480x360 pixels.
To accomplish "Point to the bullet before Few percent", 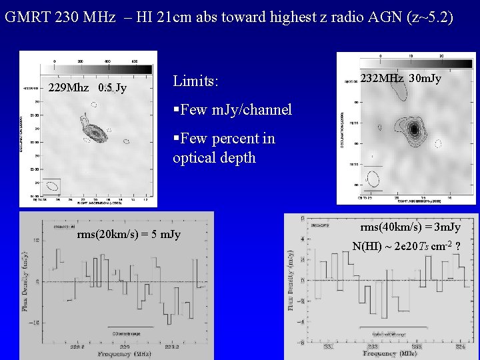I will pos(176,139).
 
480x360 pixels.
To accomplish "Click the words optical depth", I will pos(214,158).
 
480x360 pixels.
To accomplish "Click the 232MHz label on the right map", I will pos(382,79).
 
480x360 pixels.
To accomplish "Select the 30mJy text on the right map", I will pos(425,79).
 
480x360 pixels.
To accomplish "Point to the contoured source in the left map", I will pos(96,132).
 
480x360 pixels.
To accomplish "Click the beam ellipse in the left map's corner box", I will pos(51,186).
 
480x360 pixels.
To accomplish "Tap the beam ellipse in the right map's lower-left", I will pos(374,178).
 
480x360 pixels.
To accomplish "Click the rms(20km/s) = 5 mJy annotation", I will pos(128,235).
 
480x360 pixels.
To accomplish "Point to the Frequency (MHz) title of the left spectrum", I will pos(124,354).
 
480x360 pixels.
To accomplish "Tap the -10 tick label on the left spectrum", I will pos(35,322).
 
